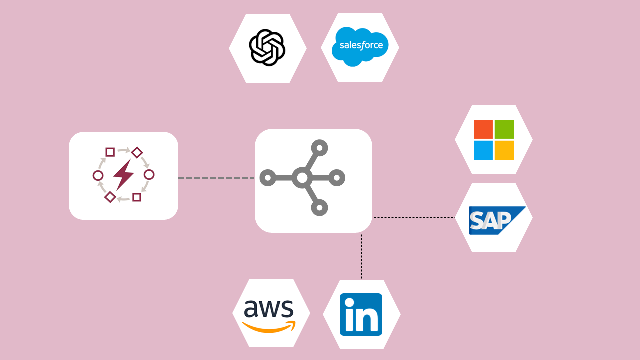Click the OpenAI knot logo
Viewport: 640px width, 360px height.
(267, 47)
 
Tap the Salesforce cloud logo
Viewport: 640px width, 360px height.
(360, 46)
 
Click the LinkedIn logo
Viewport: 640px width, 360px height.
(361, 314)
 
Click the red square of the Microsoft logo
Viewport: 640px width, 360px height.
(483, 129)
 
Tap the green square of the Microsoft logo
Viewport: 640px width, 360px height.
(504, 129)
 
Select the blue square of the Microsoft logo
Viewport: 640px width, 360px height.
(483, 150)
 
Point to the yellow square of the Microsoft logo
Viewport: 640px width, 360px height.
(504, 150)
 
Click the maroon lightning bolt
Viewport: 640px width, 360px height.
(123, 175)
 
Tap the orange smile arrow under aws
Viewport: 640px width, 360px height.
(269, 327)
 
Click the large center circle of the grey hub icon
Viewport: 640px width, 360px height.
(302, 177)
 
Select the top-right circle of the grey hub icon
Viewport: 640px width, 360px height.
(319, 148)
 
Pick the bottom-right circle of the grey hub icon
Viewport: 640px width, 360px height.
(319, 207)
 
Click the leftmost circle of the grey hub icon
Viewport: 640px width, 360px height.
(267, 177)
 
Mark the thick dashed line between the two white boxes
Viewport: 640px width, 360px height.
(216, 177)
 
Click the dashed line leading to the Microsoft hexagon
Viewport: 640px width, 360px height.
(412, 140)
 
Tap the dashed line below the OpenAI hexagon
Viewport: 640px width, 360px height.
(267, 107)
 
